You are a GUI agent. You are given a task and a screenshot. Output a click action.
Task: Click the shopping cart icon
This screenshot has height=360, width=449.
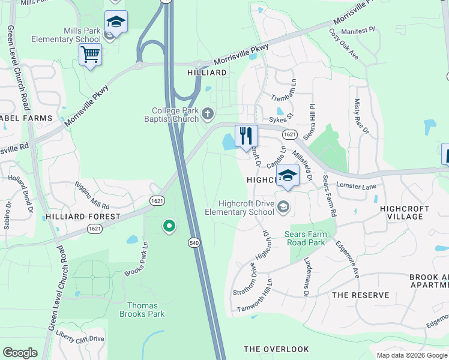(90, 55)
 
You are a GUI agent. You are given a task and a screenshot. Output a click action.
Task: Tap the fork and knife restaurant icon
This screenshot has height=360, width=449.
(246, 136)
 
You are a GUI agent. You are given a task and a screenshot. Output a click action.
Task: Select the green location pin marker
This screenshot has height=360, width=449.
(169, 226)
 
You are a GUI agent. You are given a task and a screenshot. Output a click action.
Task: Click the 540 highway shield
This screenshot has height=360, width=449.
(193, 242)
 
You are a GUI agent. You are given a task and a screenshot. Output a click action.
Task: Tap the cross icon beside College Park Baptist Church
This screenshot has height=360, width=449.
(208, 113)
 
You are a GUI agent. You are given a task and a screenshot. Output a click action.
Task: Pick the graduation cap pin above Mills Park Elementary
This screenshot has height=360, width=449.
(116, 23)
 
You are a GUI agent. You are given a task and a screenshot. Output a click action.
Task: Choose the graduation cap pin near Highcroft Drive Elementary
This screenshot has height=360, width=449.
(288, 176)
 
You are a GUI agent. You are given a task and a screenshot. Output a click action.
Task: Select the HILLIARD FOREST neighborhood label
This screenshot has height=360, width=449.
(83, 217)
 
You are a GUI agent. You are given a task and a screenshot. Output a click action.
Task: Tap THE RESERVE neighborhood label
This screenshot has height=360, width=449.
(360, 295)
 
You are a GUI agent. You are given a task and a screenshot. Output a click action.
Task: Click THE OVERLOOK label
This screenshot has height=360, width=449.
(276, 349)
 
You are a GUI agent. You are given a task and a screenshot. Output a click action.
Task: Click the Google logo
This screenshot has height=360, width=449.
(20, 353)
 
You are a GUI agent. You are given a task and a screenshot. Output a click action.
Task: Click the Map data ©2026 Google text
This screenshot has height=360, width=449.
(411, 355)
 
